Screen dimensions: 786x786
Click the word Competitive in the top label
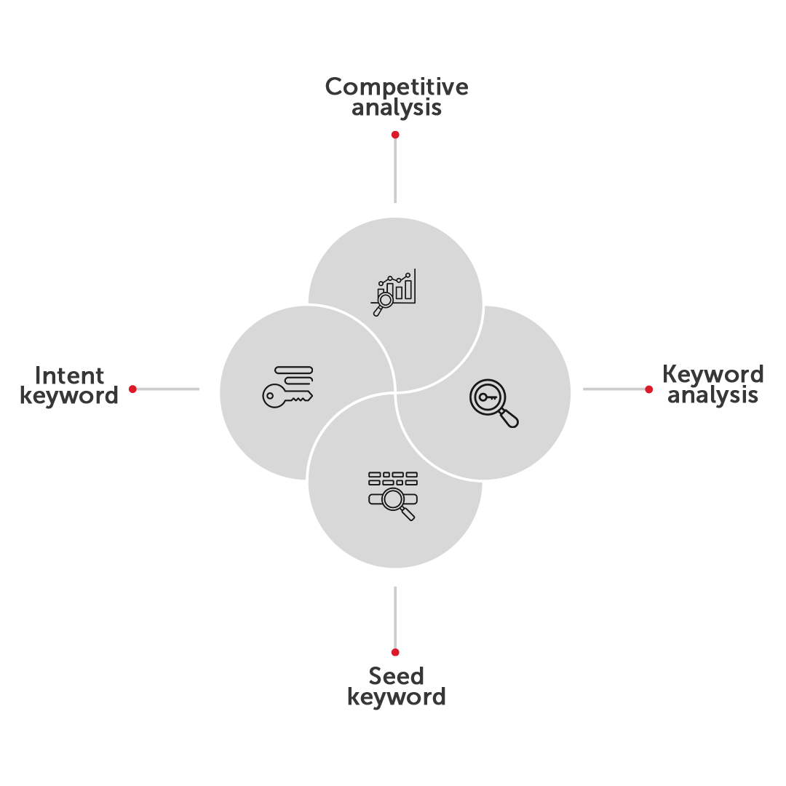[397, 87]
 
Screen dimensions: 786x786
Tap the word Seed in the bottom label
[396, 676]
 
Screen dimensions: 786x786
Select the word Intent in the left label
[69, 376]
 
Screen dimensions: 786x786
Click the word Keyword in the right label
[712, 374]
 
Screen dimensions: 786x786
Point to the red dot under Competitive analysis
[395, 135]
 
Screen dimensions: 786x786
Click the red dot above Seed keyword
[395, 652]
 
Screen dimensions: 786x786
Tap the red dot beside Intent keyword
[133, 389]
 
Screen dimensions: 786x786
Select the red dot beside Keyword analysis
[648, 389]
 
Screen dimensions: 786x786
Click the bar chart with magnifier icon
[394, 293]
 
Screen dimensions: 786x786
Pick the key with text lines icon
[287, 386]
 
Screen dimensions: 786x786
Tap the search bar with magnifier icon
[393, 496]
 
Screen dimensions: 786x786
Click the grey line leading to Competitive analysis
[395, 170]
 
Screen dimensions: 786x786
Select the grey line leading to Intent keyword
[167, 389]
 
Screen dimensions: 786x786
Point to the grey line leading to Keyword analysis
[614, 389]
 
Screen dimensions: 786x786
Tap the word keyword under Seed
[397, 697]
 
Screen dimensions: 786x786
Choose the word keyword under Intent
[69, 396]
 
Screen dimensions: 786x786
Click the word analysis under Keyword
[712, 395]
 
